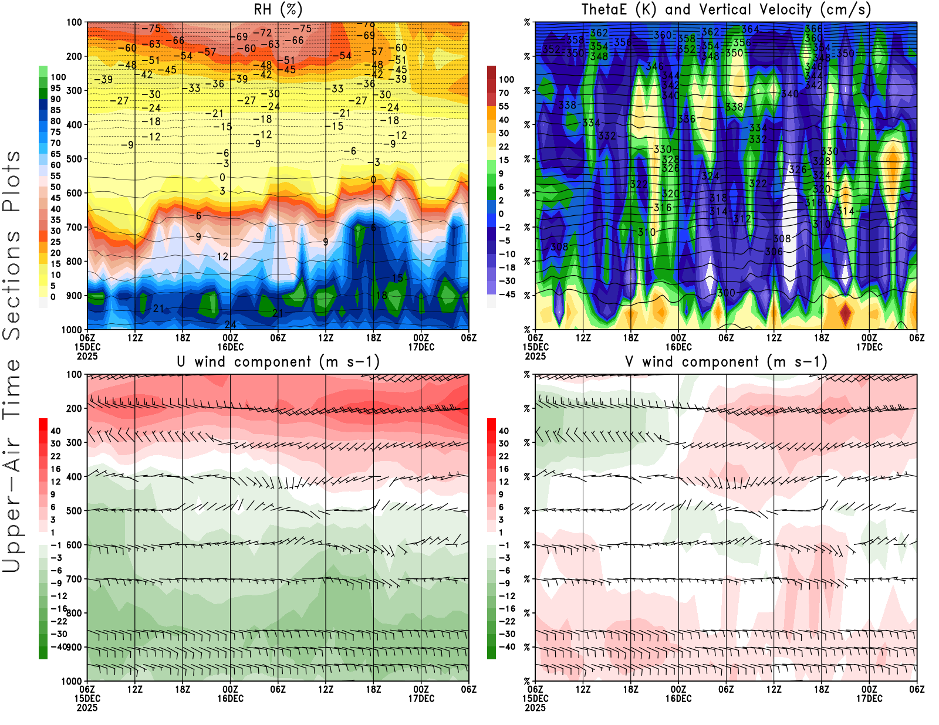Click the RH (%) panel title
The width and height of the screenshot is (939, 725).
pyautogui.click(x=278, y=9)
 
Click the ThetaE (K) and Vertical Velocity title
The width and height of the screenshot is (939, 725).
pyautogui.click(x=726, y=9)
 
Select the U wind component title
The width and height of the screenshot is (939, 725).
pyautogui.click(x=278, y=361)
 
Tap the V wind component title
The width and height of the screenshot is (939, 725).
pyautogui.click(x=726, y=361)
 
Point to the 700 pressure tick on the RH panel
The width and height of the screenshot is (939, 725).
pyautogui.click(x=75, y=227)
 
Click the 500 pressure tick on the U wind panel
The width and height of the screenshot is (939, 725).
pyautogui.click(x=75, y=511)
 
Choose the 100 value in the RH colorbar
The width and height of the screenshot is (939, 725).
pyautogui.click(x=58, y=77)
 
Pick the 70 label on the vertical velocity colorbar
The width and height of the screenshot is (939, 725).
pyautogui.click(x=504, y=93)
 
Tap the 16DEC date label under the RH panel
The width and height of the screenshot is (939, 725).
pyautogui.click(x=231, y=347)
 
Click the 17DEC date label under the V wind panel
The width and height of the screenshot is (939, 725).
pyautogui.click(x=869, y=699)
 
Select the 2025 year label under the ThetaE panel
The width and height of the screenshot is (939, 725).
pyautogui.click(x=535, y=356)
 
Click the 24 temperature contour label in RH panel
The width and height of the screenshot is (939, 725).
pyautogui.click(x=231, y=324)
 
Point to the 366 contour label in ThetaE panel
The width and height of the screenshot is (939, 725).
pyautogui.click(x=813, y=28)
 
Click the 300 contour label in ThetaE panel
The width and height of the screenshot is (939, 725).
pyautogui.click(x=726, y=293)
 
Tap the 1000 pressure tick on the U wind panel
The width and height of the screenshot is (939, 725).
pyautogui.click(x=72, y=681)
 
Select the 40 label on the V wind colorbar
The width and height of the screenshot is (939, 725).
pyautogui.click(x=504, y=431)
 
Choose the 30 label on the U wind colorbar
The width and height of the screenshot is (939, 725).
pyautogui.click(x=56, y=443)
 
